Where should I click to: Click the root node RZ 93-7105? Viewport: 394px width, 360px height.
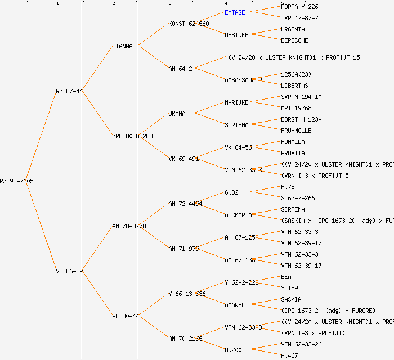17,181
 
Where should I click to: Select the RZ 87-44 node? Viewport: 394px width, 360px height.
69,91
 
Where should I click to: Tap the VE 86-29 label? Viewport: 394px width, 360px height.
69,271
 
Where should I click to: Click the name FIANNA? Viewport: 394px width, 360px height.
122,46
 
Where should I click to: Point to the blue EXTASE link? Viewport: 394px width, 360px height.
235,12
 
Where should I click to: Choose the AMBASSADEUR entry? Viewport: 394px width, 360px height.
243,80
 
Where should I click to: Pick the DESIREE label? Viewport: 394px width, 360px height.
236,35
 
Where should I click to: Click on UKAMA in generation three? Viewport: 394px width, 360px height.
177,114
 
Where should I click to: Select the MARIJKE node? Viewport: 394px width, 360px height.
236,102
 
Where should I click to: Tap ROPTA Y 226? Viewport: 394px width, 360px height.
299,7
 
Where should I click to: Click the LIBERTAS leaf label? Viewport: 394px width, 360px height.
294,85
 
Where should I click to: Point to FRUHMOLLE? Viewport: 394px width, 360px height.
296,130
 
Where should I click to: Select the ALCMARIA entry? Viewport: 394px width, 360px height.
238,215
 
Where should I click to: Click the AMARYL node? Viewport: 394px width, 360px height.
235,305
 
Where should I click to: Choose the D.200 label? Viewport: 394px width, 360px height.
233,350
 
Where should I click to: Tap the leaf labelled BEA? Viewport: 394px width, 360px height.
286,277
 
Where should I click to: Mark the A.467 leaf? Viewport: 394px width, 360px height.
289,355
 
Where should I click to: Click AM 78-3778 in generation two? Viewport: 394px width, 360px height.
129,226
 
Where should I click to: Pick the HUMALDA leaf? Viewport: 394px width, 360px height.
293,142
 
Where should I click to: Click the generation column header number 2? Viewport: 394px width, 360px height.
113,4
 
